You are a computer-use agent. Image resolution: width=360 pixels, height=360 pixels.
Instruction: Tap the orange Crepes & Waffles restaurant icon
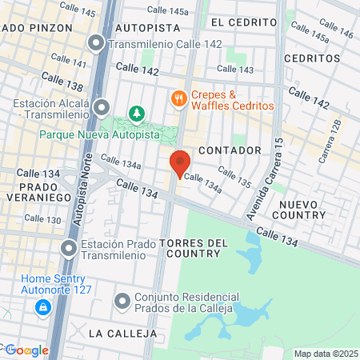pyautogui.click(x=179, y=99)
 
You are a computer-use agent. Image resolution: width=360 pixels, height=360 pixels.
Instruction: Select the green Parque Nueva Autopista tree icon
pyautogui.click(x=136, y=115)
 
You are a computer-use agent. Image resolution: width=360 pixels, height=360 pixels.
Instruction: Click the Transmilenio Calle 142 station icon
pyautogui.click(x=97, y=44)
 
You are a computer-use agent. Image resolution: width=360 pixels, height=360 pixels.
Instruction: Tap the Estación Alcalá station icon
pyautogui.click(x=101, y=107)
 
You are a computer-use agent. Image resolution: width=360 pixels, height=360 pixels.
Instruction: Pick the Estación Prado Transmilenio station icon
pyautogui.click(x=69, y=249)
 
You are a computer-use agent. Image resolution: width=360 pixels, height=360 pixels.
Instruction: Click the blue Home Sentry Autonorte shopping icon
pyautogui.click(x=42, y=306)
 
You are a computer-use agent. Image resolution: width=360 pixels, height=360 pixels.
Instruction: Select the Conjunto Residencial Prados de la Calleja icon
pyautogui.click(x=122, y=302)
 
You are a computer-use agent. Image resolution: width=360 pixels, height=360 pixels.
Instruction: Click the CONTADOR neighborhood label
pyautogui.click(x=230, y=150)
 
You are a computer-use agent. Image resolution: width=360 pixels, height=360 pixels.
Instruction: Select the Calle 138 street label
pyautogui.click(x=61, y=83)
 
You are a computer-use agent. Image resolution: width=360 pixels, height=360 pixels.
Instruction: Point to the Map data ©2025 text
pyautogui.click(x=326, y=354)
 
